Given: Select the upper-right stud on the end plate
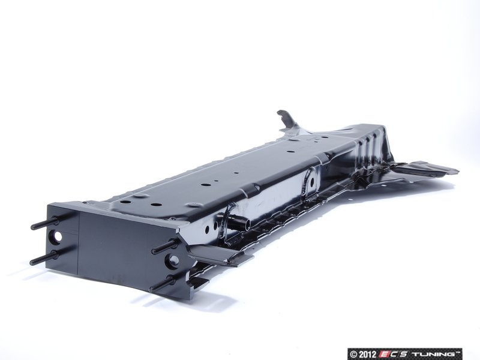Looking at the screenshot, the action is click(164, 246).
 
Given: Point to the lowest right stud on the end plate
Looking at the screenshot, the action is click(162, 283).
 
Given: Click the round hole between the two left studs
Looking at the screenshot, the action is click(57, 237).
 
